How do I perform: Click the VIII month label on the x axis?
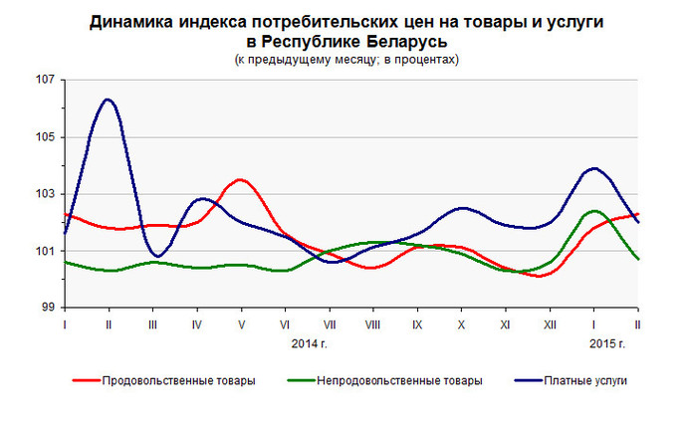(x=371, y=325)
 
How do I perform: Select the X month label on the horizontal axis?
(x=460, y=325)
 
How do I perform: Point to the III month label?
(x=152, y=325)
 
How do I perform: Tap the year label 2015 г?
(x=604, y=343)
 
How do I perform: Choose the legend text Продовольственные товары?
(x=178, y=380)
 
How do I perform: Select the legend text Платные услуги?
(x=593, y=380)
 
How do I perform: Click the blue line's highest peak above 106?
(x=108, y=100)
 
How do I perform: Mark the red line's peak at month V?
(x=240, y=180)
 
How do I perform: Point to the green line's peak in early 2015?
(x=594, y=211)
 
